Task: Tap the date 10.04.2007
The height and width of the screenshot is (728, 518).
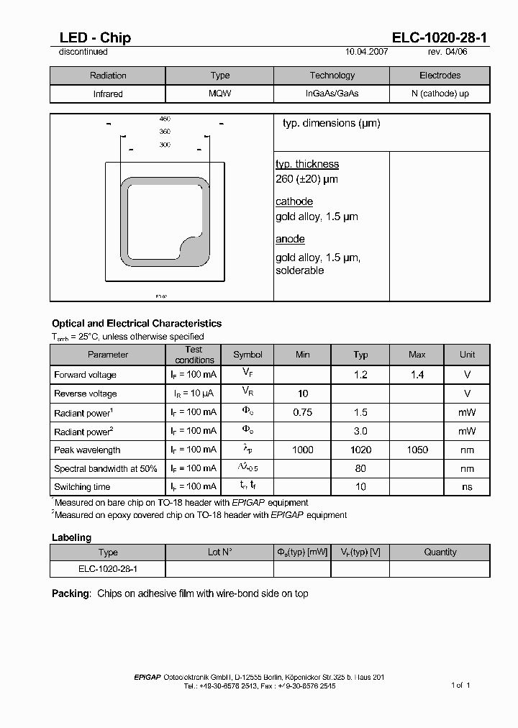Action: (367, 52)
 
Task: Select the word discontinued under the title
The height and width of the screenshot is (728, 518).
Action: (83, 52)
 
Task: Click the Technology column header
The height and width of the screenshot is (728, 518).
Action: (332, 76)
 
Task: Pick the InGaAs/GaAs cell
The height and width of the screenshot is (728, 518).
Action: (332, 94)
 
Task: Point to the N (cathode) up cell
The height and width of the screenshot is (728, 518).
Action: (440, 94)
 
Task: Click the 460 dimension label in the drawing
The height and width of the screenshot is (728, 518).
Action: (165, 119)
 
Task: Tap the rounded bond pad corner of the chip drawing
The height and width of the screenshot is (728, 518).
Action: (196, 252)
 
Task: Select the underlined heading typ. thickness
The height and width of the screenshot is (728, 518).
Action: (307, 164)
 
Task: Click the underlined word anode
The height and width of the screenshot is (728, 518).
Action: (290, 239)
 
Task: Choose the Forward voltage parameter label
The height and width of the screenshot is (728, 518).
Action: (85, 375)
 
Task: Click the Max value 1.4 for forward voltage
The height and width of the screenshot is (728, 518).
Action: (417, 375)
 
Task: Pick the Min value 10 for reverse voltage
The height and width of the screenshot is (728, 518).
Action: (303, 393)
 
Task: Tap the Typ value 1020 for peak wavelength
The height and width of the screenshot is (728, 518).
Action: (360, 450)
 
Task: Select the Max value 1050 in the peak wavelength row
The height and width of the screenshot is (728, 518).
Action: (417, 450)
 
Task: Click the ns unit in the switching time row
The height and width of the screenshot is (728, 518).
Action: (468, 487)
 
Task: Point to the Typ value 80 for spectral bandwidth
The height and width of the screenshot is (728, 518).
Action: (360, 468)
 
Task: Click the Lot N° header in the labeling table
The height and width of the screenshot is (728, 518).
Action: (219, 552)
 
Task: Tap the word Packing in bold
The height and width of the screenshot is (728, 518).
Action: (71, 593)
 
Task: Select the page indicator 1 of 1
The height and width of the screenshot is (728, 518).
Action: (460, 685)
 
